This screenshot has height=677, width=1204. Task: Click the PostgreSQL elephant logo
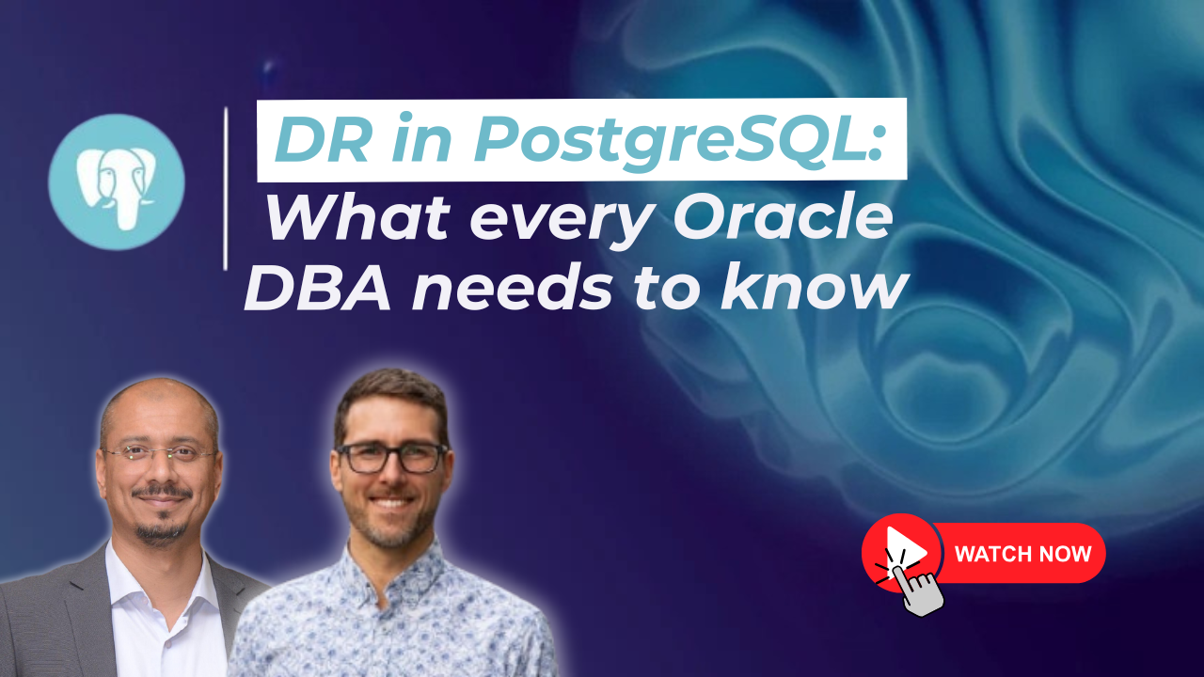coord(116,182)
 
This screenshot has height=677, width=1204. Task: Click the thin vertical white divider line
coord(226,189)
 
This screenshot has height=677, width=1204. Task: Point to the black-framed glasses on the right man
coord(391,458)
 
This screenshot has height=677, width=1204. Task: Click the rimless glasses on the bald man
coord(159,453)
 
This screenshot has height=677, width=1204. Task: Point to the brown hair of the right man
coord(391,401)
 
